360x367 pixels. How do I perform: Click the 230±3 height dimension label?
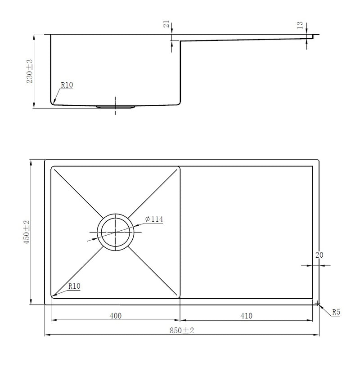pos(30,71)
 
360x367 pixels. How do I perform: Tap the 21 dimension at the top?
pos(166,24)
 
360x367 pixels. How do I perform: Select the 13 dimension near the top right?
pos(300,25)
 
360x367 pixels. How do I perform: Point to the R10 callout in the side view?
pos(67,85)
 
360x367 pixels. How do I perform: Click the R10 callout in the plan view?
pos(75,286)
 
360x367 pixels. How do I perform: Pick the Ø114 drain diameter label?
pos(154,219)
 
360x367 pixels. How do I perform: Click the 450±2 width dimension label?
pos(27,232)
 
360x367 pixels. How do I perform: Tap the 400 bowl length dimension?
pos(116,316)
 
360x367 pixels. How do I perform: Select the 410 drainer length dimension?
pos(246,316)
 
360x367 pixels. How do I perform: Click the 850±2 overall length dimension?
pos(182,331)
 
